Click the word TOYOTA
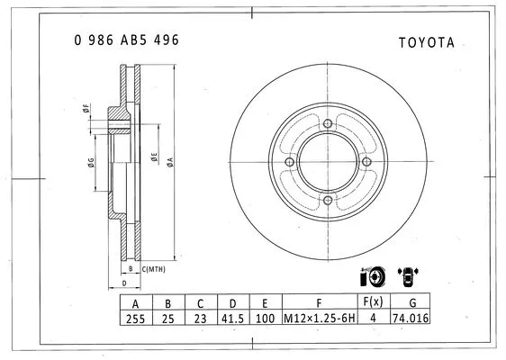click(x=425, y=42)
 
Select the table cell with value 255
click(x=135, y=318)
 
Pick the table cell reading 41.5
click(x=233, y=318)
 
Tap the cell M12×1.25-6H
click(x=320, y=318)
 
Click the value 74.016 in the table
click(x=412, y=318)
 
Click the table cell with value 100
click(x=266, y=318)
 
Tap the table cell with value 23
click(x=201, y=318)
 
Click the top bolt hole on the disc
click(x=328, y=124)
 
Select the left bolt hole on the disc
click(x=289, y=162)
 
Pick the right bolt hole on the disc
click(x=366, y=162)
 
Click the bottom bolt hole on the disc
click(x=328, y=201)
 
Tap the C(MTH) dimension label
click(x=154, y=268)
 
